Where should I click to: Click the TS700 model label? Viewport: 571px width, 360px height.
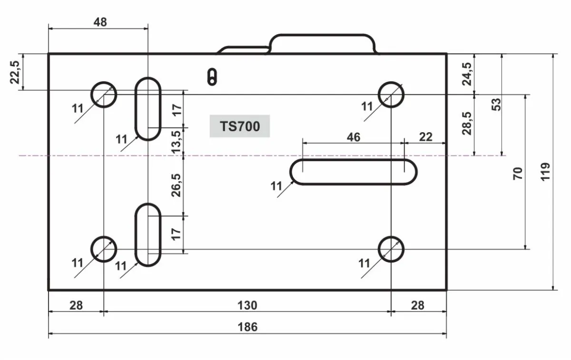240,126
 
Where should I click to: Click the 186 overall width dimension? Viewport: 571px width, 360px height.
247,327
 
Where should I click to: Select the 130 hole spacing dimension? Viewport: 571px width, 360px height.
247,305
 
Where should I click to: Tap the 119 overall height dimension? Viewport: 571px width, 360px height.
545,172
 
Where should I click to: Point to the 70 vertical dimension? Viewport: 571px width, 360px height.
518,174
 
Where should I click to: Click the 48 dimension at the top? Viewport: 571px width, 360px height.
100,22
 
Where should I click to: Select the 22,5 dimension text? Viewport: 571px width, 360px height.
15,72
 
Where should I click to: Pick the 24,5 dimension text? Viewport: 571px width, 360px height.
467,74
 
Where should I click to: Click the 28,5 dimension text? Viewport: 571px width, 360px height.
467,123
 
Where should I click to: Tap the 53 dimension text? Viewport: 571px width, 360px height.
496,105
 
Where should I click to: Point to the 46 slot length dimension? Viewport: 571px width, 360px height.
354,137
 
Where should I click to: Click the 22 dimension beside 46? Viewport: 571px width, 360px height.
426,137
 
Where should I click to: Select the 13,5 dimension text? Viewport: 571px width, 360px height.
176,142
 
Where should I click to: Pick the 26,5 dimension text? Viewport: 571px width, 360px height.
176,185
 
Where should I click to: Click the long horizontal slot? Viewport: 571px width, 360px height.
353,160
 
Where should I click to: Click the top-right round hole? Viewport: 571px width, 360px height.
391,83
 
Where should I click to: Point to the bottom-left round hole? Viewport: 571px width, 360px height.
104,237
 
